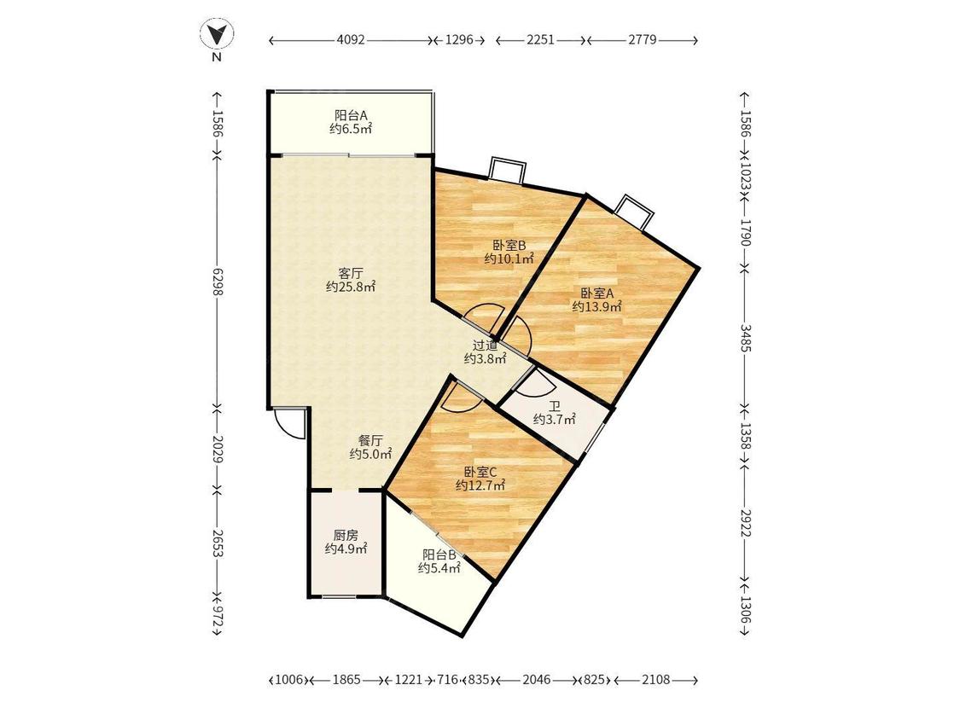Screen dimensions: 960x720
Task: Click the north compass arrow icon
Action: (x=217, y=34)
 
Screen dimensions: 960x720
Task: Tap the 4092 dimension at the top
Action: (x=351, y=40)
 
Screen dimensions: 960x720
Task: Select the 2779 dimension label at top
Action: (x=643, y=40)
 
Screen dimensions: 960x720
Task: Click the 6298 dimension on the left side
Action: (x=217, y=282)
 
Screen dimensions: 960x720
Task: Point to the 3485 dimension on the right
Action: (x=745, y=337)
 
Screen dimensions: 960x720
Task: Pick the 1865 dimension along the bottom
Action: (x=346, y=680)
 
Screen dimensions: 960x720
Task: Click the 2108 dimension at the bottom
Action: (x=655, y=680)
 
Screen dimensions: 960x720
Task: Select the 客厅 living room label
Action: (x=350, y=273)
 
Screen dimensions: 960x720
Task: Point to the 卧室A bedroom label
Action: (x=597, y=293)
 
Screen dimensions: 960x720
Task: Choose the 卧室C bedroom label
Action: (x=480, y=472)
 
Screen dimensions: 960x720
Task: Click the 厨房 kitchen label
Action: (x=346, y=535)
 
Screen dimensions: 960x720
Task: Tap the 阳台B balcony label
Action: (x=439, y=555)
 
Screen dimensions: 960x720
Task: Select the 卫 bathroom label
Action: (x=555, y=407)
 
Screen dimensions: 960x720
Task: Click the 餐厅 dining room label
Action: (x=370, y=440)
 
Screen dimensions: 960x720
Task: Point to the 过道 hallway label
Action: (x=485, y=345)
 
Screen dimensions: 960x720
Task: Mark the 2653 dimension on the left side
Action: (x=217, y=541)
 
